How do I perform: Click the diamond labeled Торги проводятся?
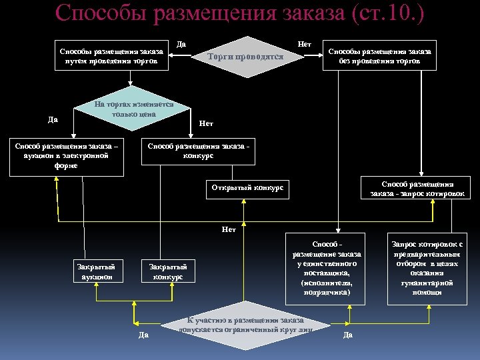[x=245, y=57]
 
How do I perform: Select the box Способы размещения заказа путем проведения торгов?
[x=111, y=57]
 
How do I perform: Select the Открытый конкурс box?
[x=247, y=188]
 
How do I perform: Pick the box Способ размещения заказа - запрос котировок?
[x=417, y=189]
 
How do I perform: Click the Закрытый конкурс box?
[x=168, y=271]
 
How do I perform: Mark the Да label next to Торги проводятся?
[x=181, y=44]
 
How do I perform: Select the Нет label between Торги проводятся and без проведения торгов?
[x=305, y=44]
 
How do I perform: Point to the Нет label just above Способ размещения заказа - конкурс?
[x=206, y=124]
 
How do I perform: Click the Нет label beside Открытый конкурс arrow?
[x=229, y=230]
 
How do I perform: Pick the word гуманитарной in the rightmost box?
[x=427, y=283]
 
